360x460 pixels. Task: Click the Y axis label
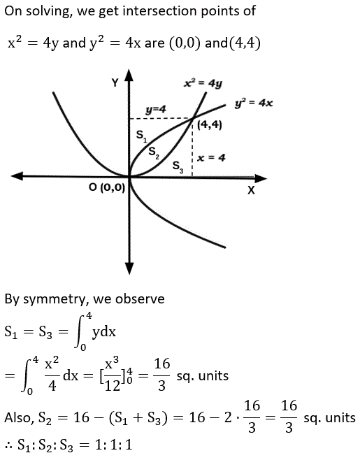click(x=115, y=83)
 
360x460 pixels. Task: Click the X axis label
click(x=251, y=190)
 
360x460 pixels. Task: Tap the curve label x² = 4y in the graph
click(x=203, y=84)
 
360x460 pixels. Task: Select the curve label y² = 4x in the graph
click(x=254, y=103)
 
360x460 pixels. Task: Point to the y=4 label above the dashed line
click(x=156, y=110)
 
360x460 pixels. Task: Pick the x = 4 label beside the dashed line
click(x=211, y=158)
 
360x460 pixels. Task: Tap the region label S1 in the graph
click(x=141, y=136)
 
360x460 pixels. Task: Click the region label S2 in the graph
click(x=154, y=152)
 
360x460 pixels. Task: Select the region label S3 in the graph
click(x=178, y=167)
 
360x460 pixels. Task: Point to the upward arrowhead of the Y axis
click(x=129, y=75)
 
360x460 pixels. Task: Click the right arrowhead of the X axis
click(x=261, y=178)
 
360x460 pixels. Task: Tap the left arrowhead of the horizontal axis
click(x=17, y=176)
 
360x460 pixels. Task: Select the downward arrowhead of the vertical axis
click(x=129, y=268)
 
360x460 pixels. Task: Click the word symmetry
click(x=56, y=299)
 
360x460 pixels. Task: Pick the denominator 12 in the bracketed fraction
click(x=113, y=386)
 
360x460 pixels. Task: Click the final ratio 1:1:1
click(x=113, y=445)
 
